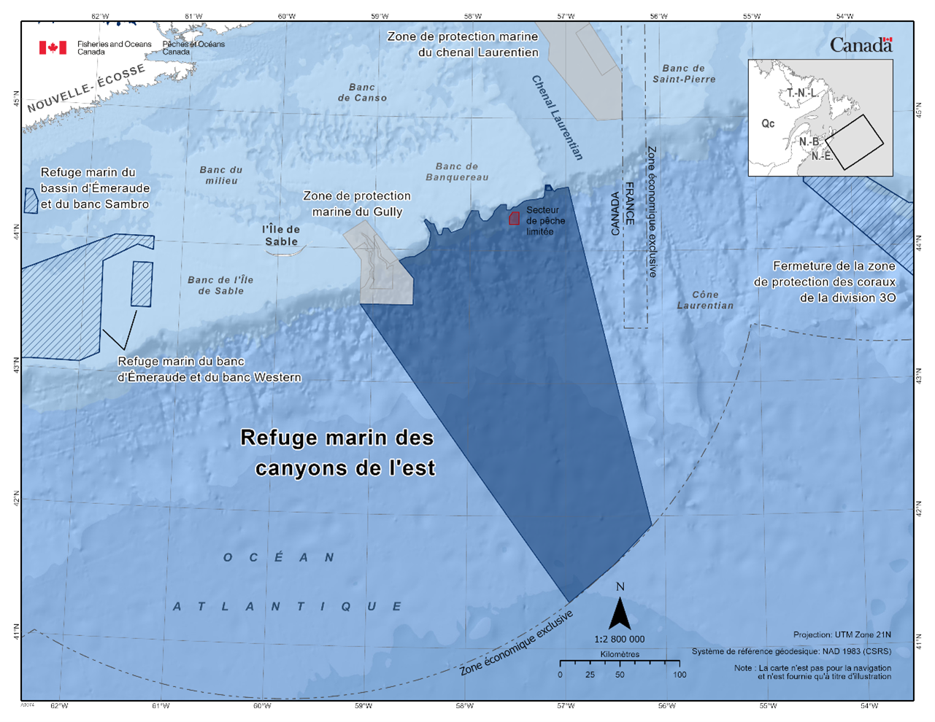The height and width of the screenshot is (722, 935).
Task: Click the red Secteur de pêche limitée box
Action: pyautogui.click(x=514, y=217)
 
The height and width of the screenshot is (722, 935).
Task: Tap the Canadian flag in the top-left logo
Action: pyautogui.click(x=53, y=47)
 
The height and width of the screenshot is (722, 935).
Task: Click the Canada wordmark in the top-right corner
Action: pyautogui.click(x=861, y=45)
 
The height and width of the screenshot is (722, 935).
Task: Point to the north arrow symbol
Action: pyautogui.click(x=620, y=613)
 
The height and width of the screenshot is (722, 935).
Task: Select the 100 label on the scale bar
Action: pyautogui.click(x=680, y=675)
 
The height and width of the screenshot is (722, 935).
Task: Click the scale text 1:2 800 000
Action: pyautogui.click(x=620, y=639)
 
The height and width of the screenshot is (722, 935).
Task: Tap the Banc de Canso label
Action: pyautogui.click(x=362, y=93)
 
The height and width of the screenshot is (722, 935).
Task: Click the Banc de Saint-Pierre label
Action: pyautogui.click(x=684, y=74)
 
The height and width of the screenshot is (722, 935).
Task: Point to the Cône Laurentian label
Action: pyautogui.click(x=705, y=300)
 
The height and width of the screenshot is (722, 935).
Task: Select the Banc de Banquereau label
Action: pyautogui.click(x=457, y=172)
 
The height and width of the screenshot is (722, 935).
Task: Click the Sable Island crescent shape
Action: pyautogui.click(x=285, y=253)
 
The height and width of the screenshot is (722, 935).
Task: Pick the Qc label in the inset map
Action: pyautogui.click(x=768, y=123)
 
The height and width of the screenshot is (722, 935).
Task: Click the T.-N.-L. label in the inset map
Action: pyautogui.click(x=801, y=93)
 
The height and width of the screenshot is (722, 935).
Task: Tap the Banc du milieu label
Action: pyautogui.click(x=221, y=175)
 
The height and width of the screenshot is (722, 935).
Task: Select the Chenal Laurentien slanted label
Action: pyautogui.click(x=558, y=117)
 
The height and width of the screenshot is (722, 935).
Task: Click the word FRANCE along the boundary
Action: pyautogui.click(x=630, y=203)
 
